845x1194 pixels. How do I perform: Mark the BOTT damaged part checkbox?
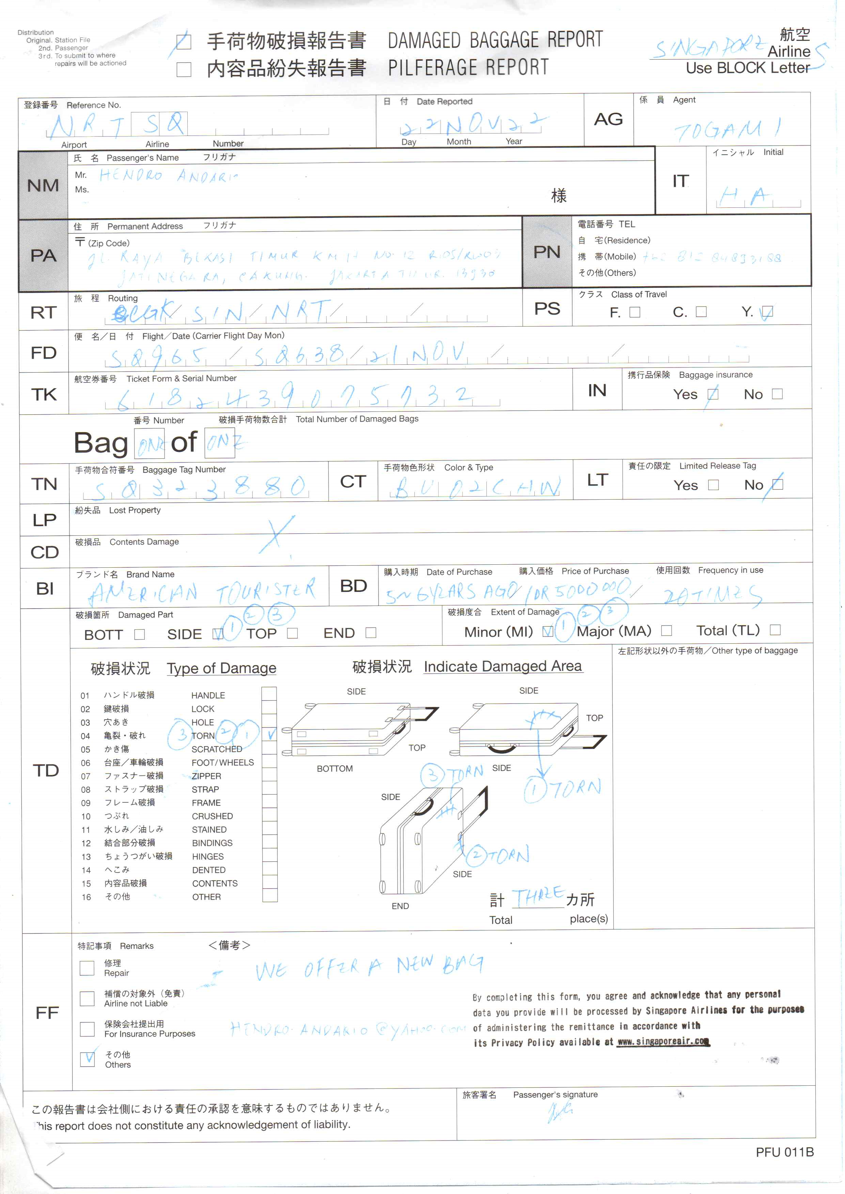pos(139,635)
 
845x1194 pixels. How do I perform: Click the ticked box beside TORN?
pos(269,735)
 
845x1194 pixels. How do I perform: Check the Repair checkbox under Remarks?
pos(87,968)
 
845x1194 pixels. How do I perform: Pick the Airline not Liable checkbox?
pos(87,999)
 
